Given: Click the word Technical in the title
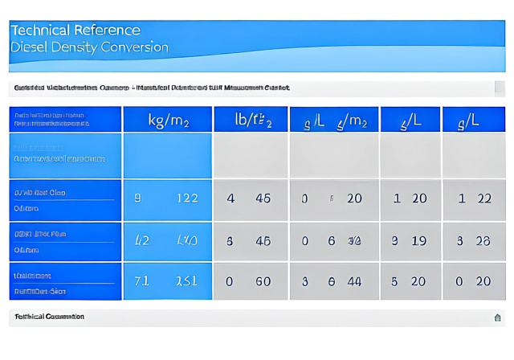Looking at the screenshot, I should coord(39,31).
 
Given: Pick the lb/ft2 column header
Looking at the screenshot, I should coord(252,121).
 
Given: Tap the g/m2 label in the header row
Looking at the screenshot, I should coord(352,121).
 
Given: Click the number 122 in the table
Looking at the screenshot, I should coord(186,198).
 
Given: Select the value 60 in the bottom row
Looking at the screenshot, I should coord(263,281).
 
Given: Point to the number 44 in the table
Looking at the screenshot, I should coord(354,281).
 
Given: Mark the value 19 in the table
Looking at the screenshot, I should coord(418,240).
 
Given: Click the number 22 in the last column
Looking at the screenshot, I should coord(483,198).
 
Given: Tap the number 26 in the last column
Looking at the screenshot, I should coord(483,240).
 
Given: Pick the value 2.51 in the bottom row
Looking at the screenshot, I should coord(186,281).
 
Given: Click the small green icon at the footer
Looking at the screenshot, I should coord(497,317).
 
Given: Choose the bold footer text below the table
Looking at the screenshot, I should coord(49,317).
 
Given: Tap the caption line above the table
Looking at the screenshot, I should coord(152,88).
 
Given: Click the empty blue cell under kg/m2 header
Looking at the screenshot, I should coord(167,156).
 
